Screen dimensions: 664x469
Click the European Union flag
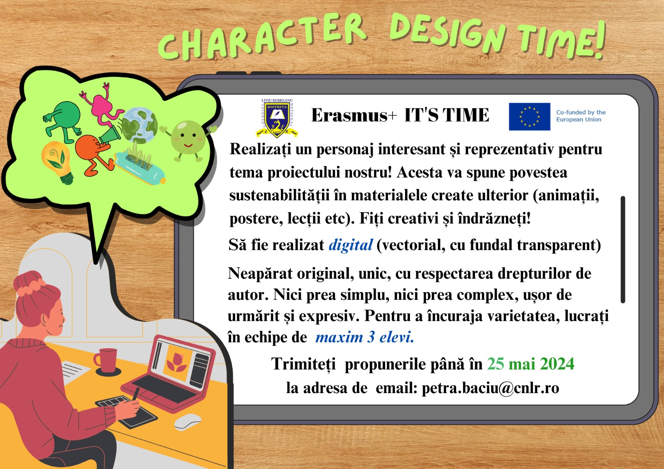pyautogui.click(x=530, y=117)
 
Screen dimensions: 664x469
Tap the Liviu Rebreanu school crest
pyautogui.click(x=277, y=118)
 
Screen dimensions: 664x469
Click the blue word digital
pyautogui.click(x=350, y=245)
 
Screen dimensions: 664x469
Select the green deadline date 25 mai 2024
pyautogui.click(x=531, y=364)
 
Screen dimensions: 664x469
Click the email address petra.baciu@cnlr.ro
pyautogui.click(x=490, y=388)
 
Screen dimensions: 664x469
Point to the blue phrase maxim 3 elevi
pyautogui.click(x=365, y=337)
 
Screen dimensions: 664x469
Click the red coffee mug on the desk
pyautogui.click(x=105, y=360)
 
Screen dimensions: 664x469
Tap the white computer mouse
pyautogui.click(x=188, y=422)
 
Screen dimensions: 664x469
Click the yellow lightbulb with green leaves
pyautogui.click(x=57, y=162)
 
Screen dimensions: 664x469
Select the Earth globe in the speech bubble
pyautogui.click(x=139, y=125)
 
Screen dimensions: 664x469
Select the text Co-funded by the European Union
pyautogui.click(x=581, y=116)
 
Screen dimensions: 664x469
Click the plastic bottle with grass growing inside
pyautogui.click(x=140, y=167)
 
